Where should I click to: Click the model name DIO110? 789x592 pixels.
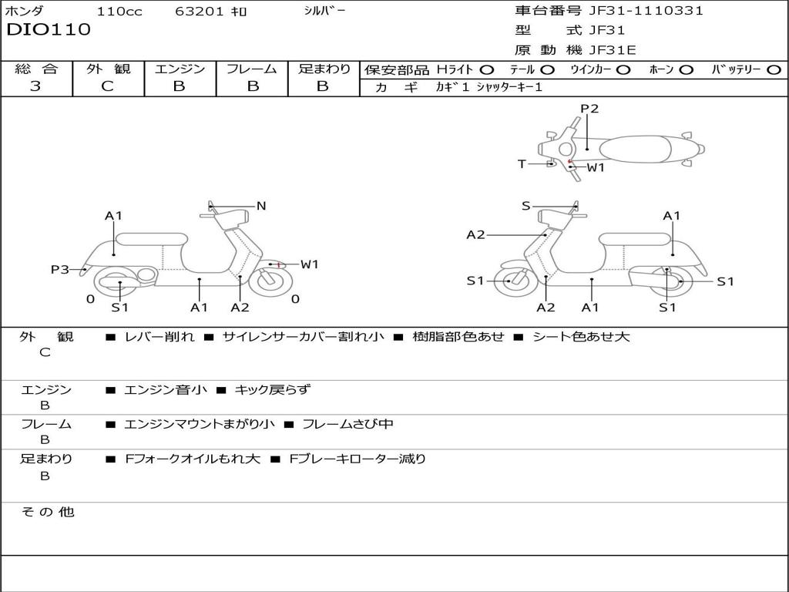click(49, 30)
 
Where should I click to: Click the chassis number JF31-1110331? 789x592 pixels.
click(646, 10)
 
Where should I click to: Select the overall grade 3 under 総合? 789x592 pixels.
click(35, 86)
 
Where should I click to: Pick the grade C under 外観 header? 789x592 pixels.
click(107, 86)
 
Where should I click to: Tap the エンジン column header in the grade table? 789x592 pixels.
click(180, 69)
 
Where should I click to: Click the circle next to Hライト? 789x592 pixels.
click(487, 70)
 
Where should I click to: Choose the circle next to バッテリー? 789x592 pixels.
click(774, 70)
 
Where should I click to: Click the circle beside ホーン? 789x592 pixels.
click(686, 70)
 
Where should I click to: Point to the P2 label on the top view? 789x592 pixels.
click(589, 109)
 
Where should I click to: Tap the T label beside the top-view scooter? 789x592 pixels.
click(522, 164)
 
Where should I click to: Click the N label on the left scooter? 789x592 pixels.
click(260, 206)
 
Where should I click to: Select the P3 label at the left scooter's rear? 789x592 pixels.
click(60, 270)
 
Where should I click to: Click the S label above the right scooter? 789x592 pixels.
click(525, 206)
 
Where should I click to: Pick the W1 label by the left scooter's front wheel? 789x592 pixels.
click(310, 264)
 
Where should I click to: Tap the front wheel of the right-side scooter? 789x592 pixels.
click(512, 281)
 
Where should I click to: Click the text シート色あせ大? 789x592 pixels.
click(581, 337)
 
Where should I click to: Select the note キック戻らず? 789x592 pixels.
click(272, 389)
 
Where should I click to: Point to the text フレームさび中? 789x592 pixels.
click(347, 424)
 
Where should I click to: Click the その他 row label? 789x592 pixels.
click(48, 512)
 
